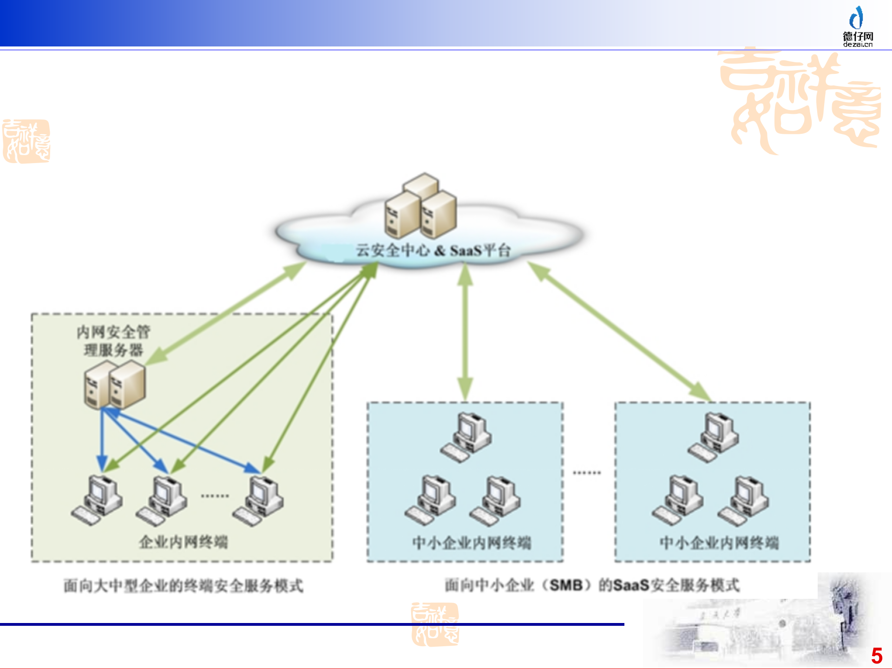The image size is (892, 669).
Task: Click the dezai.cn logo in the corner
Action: point(858,27)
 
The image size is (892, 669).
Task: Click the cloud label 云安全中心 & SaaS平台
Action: point(433,250)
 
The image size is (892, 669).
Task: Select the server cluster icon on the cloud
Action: point(420,206)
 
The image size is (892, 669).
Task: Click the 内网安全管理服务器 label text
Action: point(113,341)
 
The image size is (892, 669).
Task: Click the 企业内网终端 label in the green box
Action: point(184,542)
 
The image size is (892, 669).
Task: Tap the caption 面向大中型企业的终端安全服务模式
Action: point(184,586)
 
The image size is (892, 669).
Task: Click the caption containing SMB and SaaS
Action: point(592,585)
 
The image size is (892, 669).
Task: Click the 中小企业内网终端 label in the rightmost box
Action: point(719,543)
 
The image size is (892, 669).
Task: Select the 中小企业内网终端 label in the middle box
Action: point(472,543)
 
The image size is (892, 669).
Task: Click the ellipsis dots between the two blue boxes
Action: point(587,473)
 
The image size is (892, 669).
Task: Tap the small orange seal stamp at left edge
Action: point(26,141)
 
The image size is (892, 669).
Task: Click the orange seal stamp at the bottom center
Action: point(435,624)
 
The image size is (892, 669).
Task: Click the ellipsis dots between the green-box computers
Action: point(215,496)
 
